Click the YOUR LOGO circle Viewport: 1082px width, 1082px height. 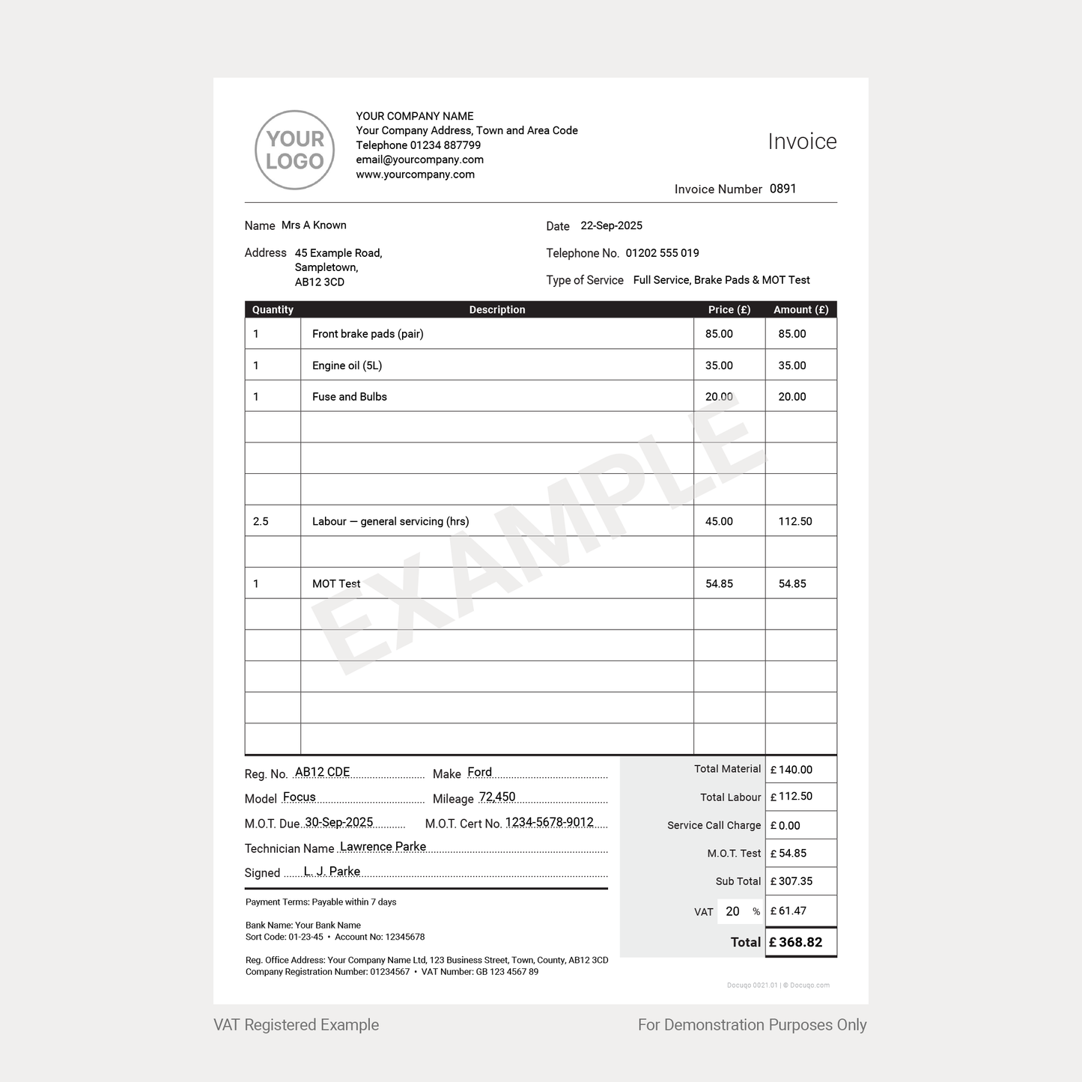294,150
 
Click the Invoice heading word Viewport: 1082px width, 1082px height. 802,142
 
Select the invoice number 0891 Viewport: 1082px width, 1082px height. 782,189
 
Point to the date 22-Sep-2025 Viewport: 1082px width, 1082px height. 611,225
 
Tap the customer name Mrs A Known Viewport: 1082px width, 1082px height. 314,225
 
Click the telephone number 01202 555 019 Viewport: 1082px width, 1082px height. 662,253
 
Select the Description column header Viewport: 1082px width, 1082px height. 497,309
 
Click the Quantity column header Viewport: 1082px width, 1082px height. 273,309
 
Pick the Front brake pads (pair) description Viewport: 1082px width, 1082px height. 368,334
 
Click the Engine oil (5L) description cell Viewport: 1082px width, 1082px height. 347,365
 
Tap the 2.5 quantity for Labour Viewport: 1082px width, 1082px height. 261,521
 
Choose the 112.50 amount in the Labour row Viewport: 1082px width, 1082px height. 794,521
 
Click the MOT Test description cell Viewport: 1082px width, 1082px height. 336,584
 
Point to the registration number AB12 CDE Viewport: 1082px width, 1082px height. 322,772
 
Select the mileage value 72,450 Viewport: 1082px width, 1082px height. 497,797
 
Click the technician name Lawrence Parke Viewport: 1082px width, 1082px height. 383,846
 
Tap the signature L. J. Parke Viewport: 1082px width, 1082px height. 332,871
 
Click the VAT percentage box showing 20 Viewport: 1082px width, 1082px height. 733,911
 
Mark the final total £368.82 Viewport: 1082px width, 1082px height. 800,942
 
